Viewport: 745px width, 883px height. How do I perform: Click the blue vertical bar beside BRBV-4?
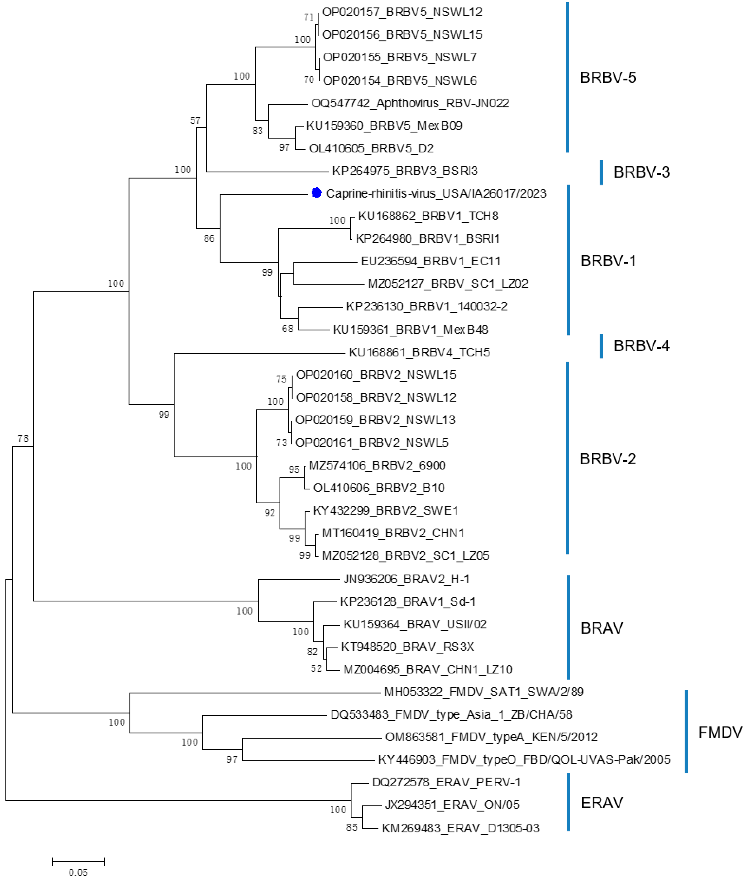[601, 346]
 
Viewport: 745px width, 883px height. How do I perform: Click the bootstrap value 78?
[23, 438]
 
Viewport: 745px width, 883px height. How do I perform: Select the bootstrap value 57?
[195, 120]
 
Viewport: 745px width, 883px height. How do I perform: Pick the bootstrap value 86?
[209, 238]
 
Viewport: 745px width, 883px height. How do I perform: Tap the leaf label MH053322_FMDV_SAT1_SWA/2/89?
[484, 692]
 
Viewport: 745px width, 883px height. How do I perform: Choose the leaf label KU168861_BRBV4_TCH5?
[419, 352]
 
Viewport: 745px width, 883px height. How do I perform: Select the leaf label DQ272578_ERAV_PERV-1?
[446, 782]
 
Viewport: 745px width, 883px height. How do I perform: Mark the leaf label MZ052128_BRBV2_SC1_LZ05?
[405, 555]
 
